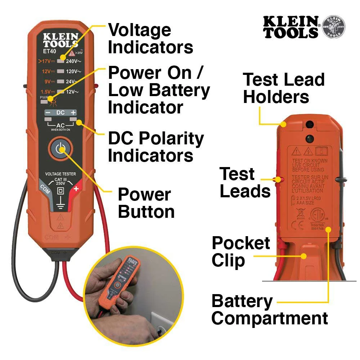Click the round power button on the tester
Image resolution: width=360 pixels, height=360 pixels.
click(60, 149)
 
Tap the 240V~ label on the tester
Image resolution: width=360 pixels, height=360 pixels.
click(74, 61)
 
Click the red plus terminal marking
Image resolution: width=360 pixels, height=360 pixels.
click(76, 188)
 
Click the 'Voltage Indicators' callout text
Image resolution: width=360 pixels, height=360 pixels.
click(150, 39)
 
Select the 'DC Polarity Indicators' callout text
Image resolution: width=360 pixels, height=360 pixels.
click(156, 147)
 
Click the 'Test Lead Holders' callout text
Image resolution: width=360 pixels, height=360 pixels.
click(284, 88)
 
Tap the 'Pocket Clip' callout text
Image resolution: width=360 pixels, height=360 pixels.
click(240, 252)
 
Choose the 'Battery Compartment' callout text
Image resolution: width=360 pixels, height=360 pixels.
click(269, 310)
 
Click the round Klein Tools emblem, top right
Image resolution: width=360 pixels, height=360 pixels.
click(333, 27)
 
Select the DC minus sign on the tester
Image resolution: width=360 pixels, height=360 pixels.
click(48, 113)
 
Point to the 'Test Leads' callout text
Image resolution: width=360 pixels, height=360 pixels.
click(245, 183)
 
